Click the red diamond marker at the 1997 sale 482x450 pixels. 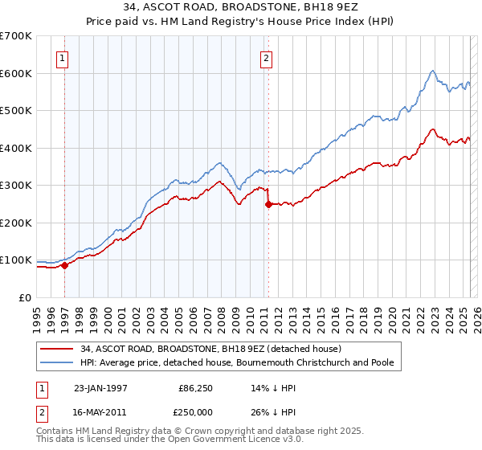coord(65,265)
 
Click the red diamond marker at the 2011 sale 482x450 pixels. coord(268,204)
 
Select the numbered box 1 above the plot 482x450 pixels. coord(63,58)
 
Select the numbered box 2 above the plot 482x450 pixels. coord(266,58)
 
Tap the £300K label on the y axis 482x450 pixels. coord(16,186)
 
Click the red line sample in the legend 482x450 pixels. coord(57,349)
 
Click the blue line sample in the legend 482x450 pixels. coord(57,362)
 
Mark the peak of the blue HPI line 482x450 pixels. coord(432,71)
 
